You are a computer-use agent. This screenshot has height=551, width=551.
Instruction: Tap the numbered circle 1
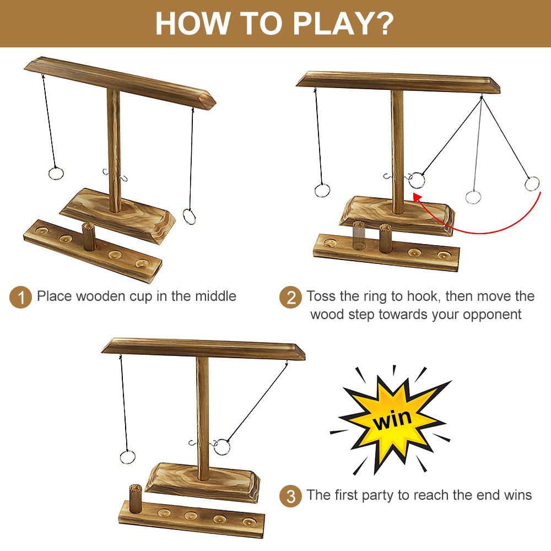tap(21, 298)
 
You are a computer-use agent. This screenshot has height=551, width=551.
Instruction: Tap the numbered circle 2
tap(290, 298)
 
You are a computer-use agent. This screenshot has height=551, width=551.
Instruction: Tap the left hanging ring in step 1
tap(56, 174)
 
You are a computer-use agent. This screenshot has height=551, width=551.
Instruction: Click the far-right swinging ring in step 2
tap(532, 183)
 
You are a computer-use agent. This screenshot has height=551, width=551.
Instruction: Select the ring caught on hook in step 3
tap(222, 446)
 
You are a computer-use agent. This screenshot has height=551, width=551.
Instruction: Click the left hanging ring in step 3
tap(127, 457)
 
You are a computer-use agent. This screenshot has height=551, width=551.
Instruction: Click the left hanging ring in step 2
tap(322, 191)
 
